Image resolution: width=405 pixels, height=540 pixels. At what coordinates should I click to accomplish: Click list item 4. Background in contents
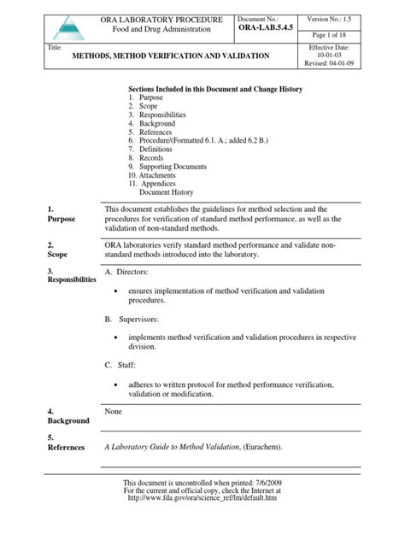tap(154, 124)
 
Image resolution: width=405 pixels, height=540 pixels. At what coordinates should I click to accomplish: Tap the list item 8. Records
tap(149, 158)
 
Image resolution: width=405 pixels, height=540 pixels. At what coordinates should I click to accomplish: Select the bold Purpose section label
tap(62, 220)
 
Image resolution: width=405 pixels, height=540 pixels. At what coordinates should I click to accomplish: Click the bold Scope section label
tap(57, 255)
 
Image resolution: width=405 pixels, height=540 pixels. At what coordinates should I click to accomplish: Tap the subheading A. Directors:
tap(126, 272)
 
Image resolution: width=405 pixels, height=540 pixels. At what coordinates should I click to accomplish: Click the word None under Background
tap(114, 411)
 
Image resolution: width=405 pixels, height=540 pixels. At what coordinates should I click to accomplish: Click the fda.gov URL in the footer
tap(201, 522)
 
